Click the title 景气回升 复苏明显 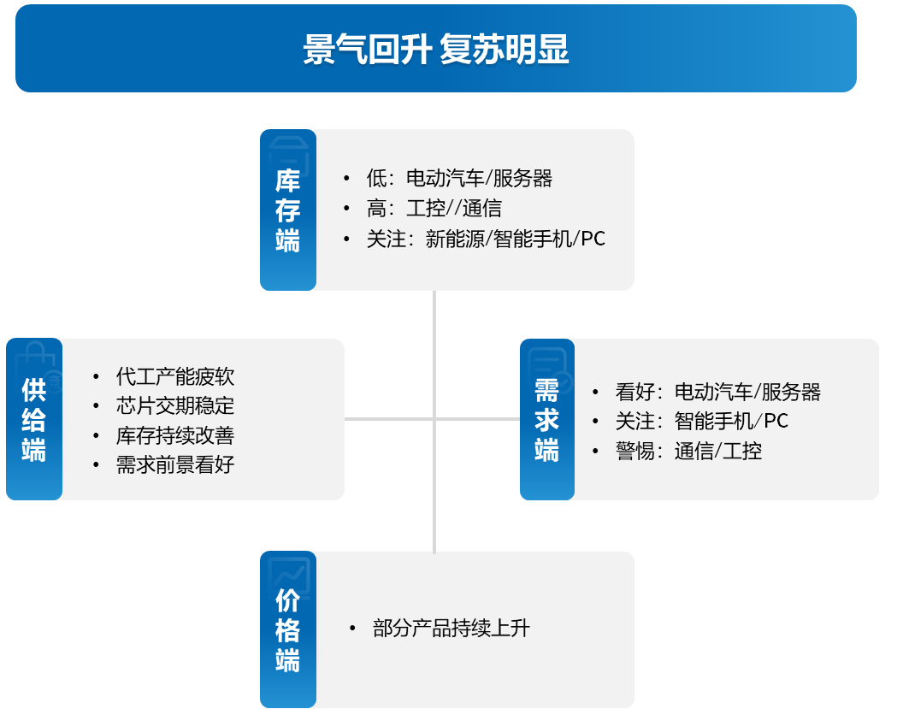[436, 50]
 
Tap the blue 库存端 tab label [288, 210]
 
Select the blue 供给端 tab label [33, 419]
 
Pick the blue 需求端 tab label [547, 419]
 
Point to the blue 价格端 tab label [288, 630]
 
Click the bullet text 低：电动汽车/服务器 [459, 179]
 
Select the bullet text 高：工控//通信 [434, 209]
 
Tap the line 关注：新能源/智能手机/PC [487, 239]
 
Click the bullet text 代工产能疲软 [175, 376]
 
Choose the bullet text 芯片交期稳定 [175, 405]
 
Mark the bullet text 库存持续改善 [175, 435]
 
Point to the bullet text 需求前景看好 [175, 464]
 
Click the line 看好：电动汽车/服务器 [718, 392]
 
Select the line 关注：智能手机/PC [702, 421]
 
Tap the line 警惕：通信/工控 [688, 451]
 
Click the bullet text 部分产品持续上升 [451, 629]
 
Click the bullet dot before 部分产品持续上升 [352, 629]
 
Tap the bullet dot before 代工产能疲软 [96, 377]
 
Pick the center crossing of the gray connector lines [434, 419]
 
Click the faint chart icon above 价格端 [289, 575]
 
